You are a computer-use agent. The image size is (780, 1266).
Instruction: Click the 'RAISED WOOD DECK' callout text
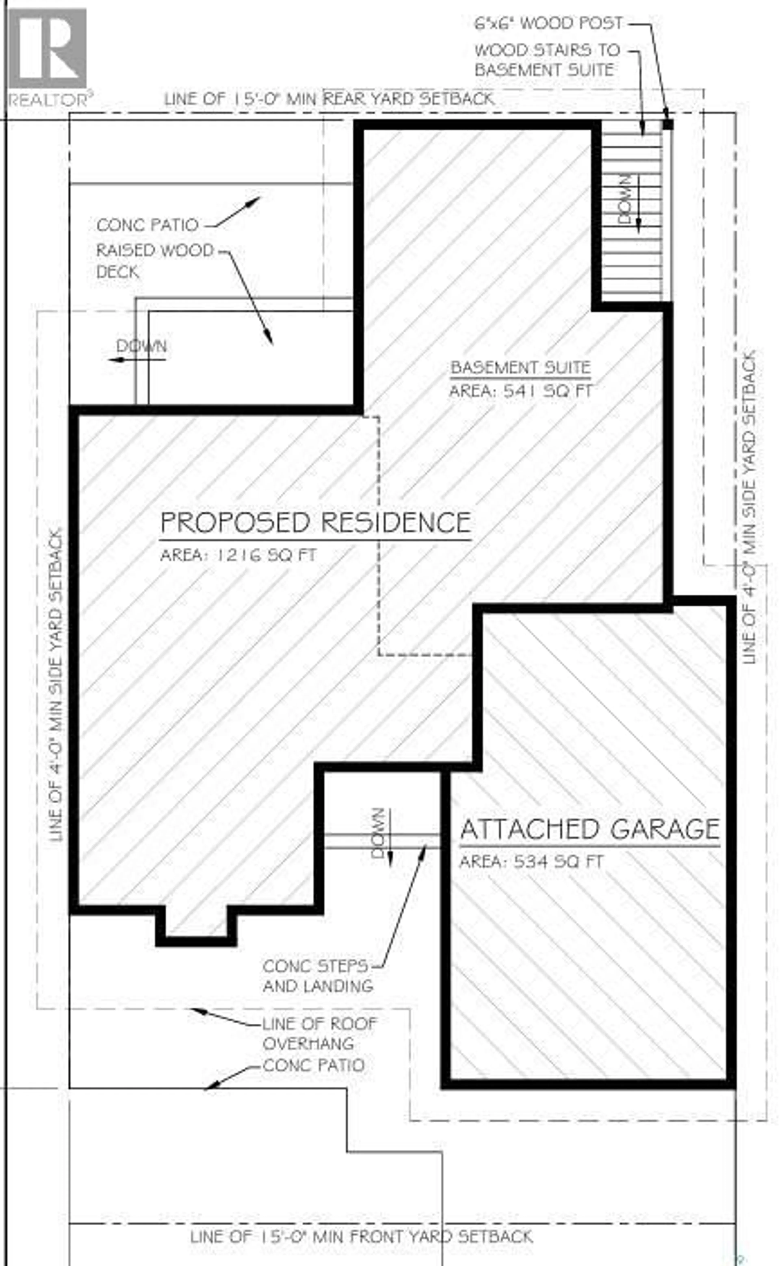tap(155, 261)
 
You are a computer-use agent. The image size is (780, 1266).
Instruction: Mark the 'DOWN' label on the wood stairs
tap(624, 199)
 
